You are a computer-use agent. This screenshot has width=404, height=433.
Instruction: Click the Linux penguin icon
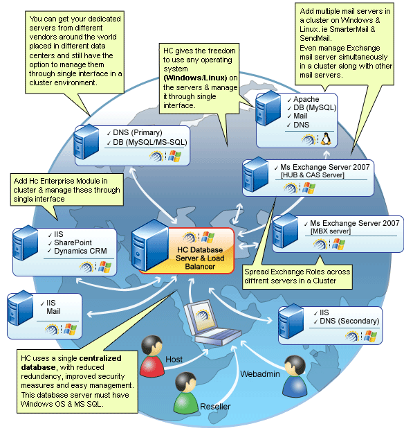point(326,139)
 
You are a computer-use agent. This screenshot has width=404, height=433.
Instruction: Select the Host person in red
point(151,356)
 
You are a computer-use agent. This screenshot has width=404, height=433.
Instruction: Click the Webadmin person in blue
point(295,376)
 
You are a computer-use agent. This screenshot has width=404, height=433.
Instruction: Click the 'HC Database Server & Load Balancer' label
point(200,258)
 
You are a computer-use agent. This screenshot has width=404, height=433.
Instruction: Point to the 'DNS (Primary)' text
point(138,132)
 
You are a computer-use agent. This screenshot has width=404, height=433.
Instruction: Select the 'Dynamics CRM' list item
point(80,251)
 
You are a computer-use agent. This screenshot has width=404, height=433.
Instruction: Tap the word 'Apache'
point(306,99)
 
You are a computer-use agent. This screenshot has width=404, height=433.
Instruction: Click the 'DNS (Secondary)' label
point(349,321)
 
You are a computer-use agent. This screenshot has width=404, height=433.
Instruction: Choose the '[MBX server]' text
point(331,231)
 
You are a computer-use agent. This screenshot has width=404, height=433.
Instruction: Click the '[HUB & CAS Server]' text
point(313,175)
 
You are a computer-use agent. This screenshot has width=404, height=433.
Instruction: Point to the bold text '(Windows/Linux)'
point(195,78)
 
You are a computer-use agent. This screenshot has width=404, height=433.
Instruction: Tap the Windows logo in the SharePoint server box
point(104,267)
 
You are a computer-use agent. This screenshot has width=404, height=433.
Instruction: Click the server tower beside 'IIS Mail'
point(20,308)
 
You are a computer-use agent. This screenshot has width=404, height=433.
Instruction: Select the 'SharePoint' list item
point(73,242)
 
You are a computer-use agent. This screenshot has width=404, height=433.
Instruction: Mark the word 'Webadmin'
point(260,374)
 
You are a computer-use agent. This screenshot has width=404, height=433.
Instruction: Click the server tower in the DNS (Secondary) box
point(291,321)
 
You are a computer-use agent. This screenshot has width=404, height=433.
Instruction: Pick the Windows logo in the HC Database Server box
point(208,238)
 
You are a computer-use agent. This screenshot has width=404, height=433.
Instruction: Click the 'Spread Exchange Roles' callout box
point(297,277)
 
